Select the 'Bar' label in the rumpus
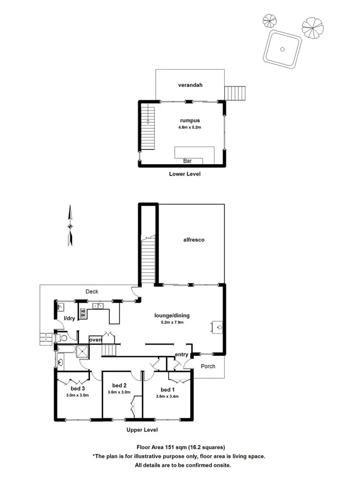tap(188, 160)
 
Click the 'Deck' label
tap(92, 292)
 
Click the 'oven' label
tap(95, 340)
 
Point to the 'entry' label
tap(182, 354)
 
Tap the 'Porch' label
tap(208, 367)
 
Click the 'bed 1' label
tap(168, 390)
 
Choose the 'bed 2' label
tap(119, 385)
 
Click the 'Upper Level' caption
tap(142, 430)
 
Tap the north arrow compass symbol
tap(69, 225)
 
